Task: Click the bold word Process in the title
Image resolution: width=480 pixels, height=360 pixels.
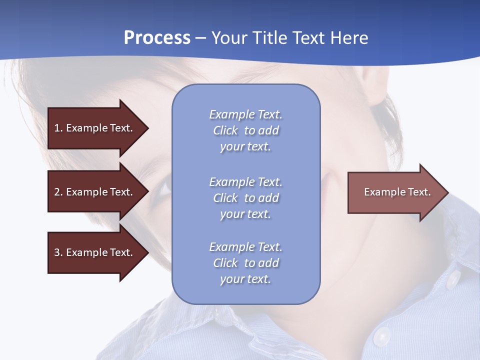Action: (157, 38)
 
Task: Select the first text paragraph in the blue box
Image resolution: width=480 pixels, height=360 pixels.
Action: (245, 130)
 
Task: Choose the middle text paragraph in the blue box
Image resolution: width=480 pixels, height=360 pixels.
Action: (245, 198)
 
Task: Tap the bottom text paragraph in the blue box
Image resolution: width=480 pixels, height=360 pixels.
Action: (245, 263)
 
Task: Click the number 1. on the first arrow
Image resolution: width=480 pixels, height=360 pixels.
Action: (58, 128)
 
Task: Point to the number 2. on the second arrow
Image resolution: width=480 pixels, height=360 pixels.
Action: (58, 192)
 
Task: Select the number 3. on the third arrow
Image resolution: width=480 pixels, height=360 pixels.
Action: (58, 252)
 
